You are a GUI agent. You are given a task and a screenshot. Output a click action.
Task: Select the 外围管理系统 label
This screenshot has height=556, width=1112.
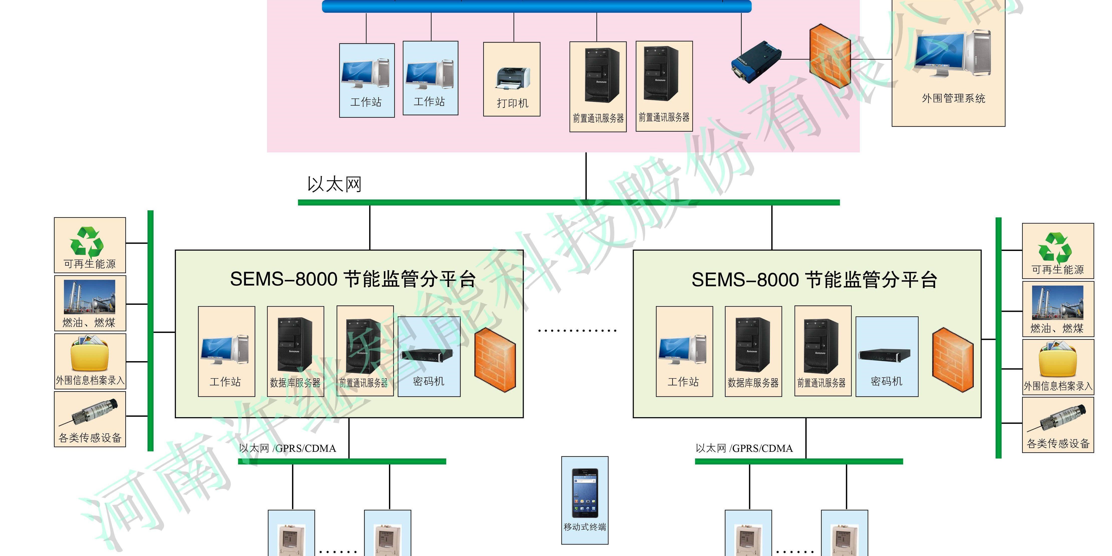tap(953, 98)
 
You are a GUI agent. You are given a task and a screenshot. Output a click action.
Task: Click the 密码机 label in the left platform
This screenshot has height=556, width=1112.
tap(429, 381)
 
